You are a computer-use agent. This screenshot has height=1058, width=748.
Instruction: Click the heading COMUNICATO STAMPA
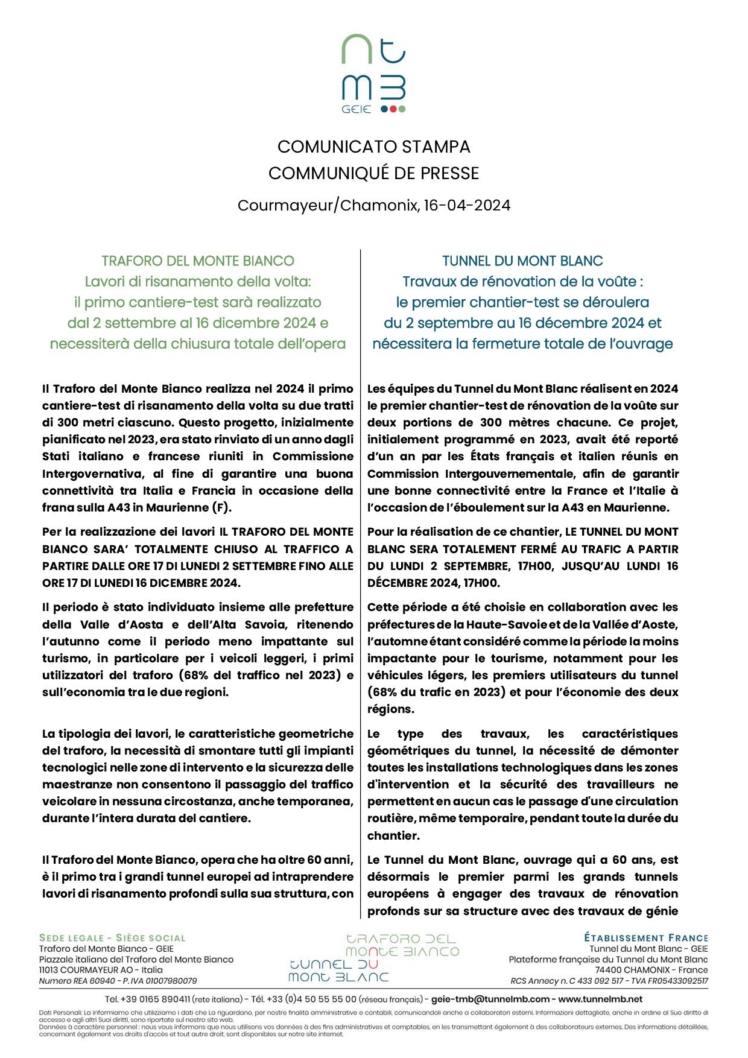[373, 147]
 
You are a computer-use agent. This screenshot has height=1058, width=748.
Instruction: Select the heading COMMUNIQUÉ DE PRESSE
[373, 173]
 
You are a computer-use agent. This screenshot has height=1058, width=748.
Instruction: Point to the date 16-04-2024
[467, 206]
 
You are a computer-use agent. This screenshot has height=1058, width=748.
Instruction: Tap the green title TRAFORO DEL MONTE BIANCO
[198, 261]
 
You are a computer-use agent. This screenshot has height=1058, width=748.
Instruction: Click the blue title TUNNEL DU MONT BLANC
[522, 261]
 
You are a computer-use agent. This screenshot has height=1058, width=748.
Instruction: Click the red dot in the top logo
[393, 109]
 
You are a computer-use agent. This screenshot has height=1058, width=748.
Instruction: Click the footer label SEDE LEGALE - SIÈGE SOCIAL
[112, 938]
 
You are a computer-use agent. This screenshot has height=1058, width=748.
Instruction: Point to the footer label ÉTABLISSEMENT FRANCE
[645, 938]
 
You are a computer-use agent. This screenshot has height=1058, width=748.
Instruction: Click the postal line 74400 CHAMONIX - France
[651, 970]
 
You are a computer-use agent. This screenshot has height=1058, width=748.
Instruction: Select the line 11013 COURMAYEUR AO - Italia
[101, 970]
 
